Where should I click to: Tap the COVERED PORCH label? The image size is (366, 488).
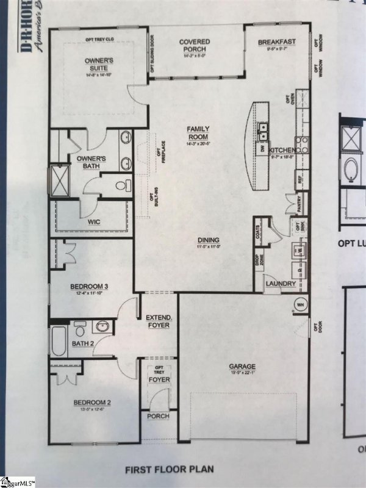[x=195, y=46]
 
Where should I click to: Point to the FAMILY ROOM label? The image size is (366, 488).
[x=198, y=132]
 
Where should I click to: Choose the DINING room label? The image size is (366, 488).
[x=208, y=240]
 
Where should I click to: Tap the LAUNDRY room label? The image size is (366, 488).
[x=281, y=284]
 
